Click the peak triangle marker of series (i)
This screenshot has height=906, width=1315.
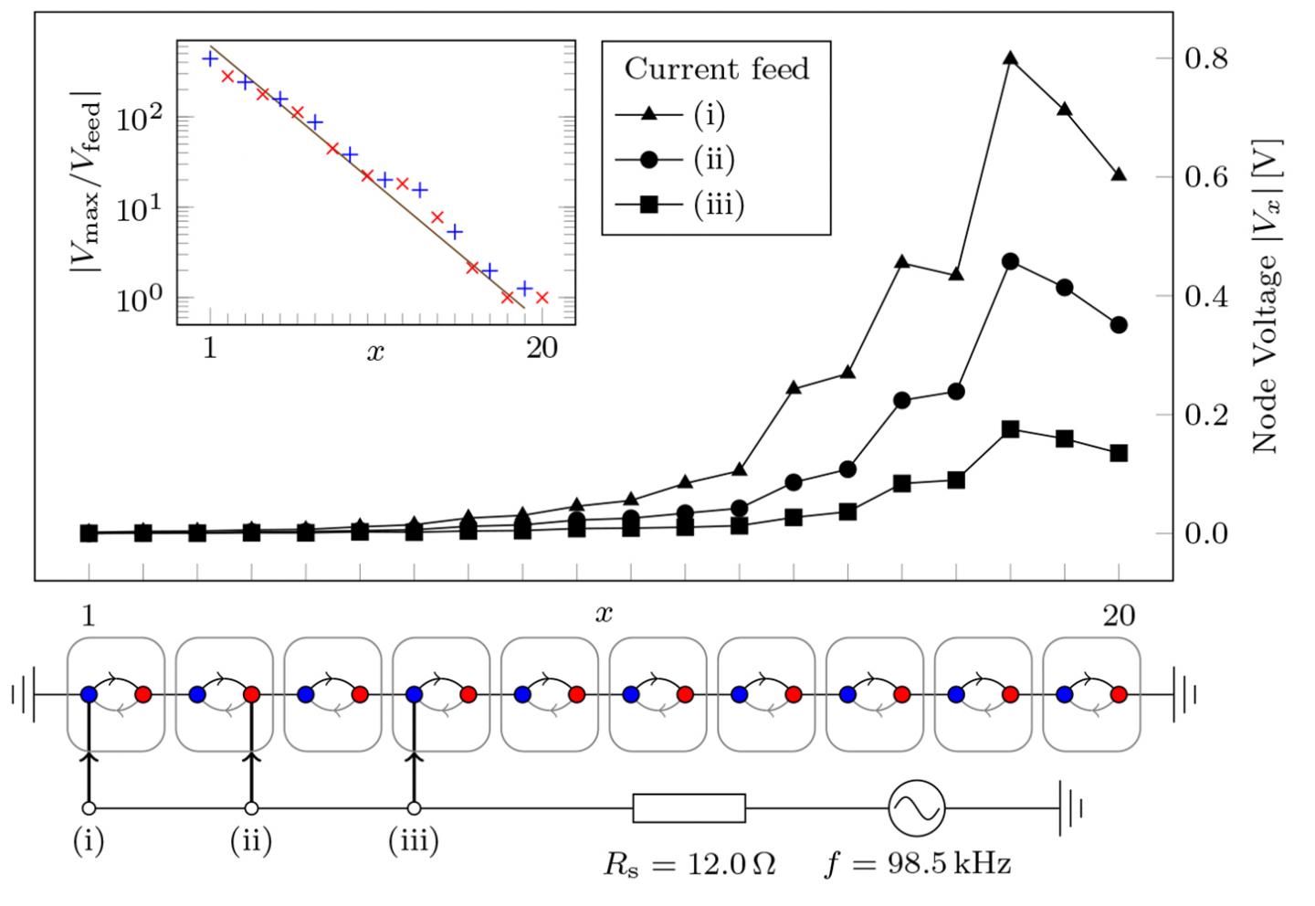coord(1010,58)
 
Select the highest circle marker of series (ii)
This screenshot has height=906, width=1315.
coord(1010,261)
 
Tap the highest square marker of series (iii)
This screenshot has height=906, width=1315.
coord(1010,429)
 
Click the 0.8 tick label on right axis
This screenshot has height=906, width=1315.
coord(1205,58)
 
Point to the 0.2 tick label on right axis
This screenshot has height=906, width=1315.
coord(1205,415)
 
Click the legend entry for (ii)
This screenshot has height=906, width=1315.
coord(712,160)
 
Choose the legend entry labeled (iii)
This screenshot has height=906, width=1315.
coord(717,205)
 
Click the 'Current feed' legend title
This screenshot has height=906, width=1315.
coord(717,69)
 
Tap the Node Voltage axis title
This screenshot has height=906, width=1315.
coord(1266,296)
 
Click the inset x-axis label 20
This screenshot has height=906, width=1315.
coord(542,349)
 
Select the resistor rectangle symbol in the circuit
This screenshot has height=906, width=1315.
coord(689,808)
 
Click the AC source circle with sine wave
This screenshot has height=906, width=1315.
coord(916,808)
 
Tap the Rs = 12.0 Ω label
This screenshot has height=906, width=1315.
coord(689,864)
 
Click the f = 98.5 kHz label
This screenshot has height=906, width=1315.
coord(918,864)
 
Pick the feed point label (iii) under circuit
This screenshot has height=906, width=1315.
coord(414,841)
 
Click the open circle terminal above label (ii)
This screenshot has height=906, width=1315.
coord(251,808)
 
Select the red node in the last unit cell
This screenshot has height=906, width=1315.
coord(1120,695)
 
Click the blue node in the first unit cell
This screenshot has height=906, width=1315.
coord(89,695)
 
